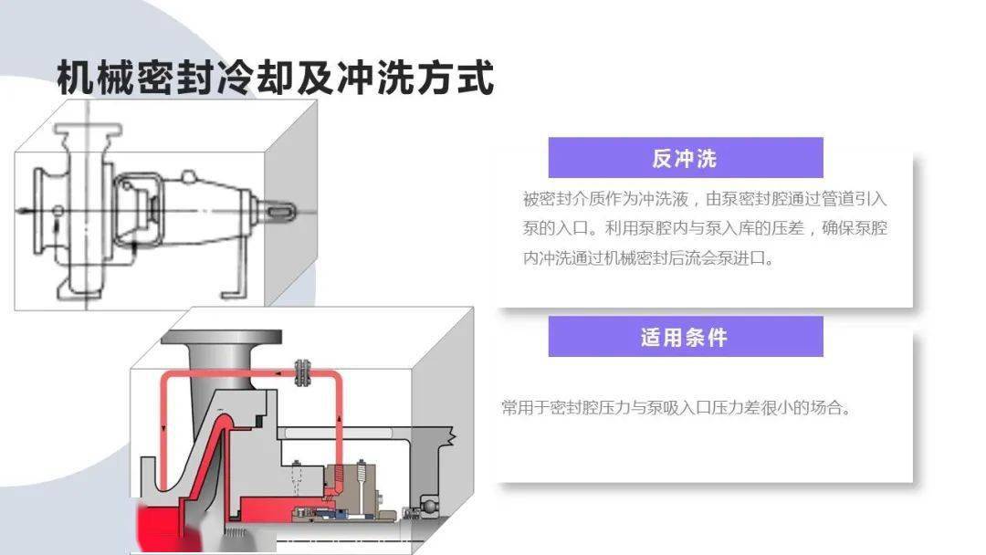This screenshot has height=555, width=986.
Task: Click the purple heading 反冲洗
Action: pyautogui.click(x=684, y=159)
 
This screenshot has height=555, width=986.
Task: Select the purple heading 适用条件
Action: pyautogui.click(x=684, y=338)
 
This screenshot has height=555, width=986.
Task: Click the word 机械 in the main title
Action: pyautogui.click(x=96, y=78)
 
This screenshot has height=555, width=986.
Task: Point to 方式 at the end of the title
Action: pyautogui.click(x=456, y=78)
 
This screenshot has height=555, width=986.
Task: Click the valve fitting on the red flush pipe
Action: pyautogui.click(x=302, y=373)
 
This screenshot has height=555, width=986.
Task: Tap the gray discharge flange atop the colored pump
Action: pyautogui.click(x=221, y=338)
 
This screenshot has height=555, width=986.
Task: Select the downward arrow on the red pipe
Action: pyautogui.click(x=163, y=428)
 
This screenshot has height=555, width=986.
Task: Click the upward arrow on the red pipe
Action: pyautogui.click(x=340, y=417)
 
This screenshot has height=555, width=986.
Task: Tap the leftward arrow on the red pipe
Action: pyautogui.click(x=278, y=374)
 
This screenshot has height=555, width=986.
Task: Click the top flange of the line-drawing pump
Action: pyautogui.click(x=88, y=131)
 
